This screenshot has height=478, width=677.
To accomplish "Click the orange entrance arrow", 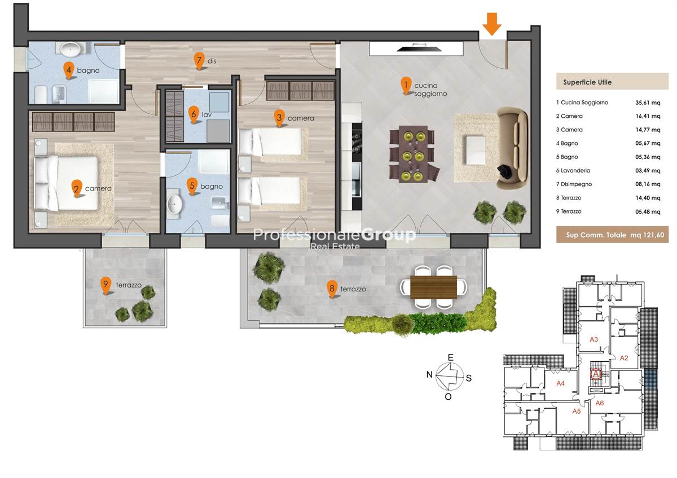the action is [x=492, y=24].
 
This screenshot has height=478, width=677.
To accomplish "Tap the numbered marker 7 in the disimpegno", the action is [x=199, y=61].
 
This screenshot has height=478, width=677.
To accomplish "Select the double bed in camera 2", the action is [x=67, y=183].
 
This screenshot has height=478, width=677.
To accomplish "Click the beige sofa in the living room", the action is [x=513, y=148].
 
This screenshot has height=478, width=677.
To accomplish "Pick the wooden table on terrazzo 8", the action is [x=433, y=287].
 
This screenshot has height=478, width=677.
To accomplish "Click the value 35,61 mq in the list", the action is [x=648, y=103].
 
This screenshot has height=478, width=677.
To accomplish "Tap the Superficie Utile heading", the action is [x=587, y=82].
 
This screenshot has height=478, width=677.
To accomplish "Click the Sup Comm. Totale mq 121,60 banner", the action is [x=612, y=234].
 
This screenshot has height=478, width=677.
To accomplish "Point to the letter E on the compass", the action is [x=450, y=357].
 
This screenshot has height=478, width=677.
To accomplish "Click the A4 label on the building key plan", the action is [x=561, y=383].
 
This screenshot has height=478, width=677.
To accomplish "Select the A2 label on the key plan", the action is [x=624, y=358].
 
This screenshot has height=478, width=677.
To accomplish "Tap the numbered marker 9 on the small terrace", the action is [x=105, y=285].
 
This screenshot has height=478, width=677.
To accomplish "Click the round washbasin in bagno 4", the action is [x=70, y=49].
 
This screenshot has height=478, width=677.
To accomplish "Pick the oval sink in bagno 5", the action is [x=175, y=204].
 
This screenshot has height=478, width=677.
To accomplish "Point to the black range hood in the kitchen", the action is [x=416, y=48].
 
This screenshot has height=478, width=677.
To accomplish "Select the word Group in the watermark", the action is [x=388, y=235].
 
